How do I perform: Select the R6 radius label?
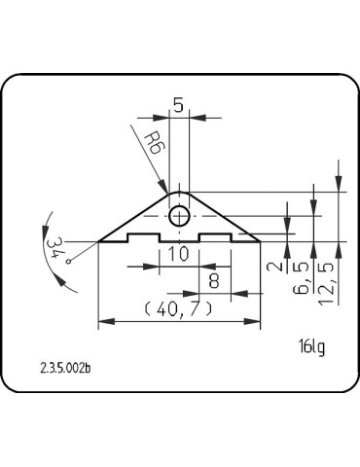coord(149,148)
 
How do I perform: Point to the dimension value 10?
coord(178,255)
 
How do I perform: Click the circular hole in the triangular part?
coord(178,216)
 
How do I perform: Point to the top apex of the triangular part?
coord(178,190)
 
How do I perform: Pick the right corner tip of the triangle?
coord(258,239)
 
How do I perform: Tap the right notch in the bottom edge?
coord(214,236)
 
